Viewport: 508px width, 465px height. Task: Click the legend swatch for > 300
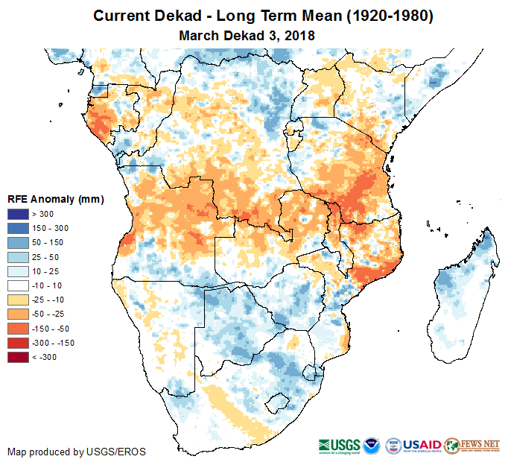19,215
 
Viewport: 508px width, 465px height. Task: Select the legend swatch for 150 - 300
19,229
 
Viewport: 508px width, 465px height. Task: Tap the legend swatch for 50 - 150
19,243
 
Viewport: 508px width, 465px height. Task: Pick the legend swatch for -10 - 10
19,285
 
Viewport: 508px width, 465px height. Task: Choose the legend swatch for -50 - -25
19,314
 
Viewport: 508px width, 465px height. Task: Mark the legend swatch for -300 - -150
19,343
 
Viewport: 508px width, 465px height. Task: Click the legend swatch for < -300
19,357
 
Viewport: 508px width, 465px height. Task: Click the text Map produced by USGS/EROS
77,452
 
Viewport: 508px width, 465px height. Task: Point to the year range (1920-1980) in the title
387,16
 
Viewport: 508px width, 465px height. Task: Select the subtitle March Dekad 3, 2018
247,35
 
